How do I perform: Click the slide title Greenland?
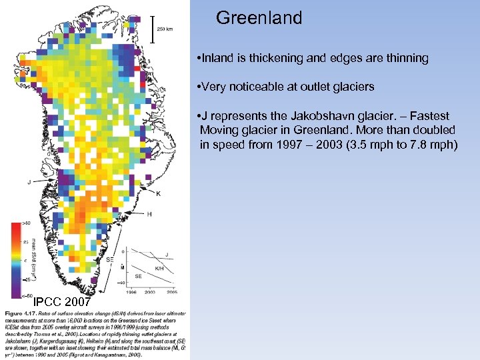tap(259, 17)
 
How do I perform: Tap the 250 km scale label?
tap(166, 29)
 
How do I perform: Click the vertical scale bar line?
tap(154, 29)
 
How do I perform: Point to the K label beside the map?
tap(158, 193)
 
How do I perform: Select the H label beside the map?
tap(149, 214)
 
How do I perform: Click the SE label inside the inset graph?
tap(139, 275)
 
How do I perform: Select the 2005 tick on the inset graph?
tap(173, 292)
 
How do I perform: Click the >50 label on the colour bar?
tap(27, 223)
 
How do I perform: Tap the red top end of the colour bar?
tap(16, 227)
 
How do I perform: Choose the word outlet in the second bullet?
tap(325, 87)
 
